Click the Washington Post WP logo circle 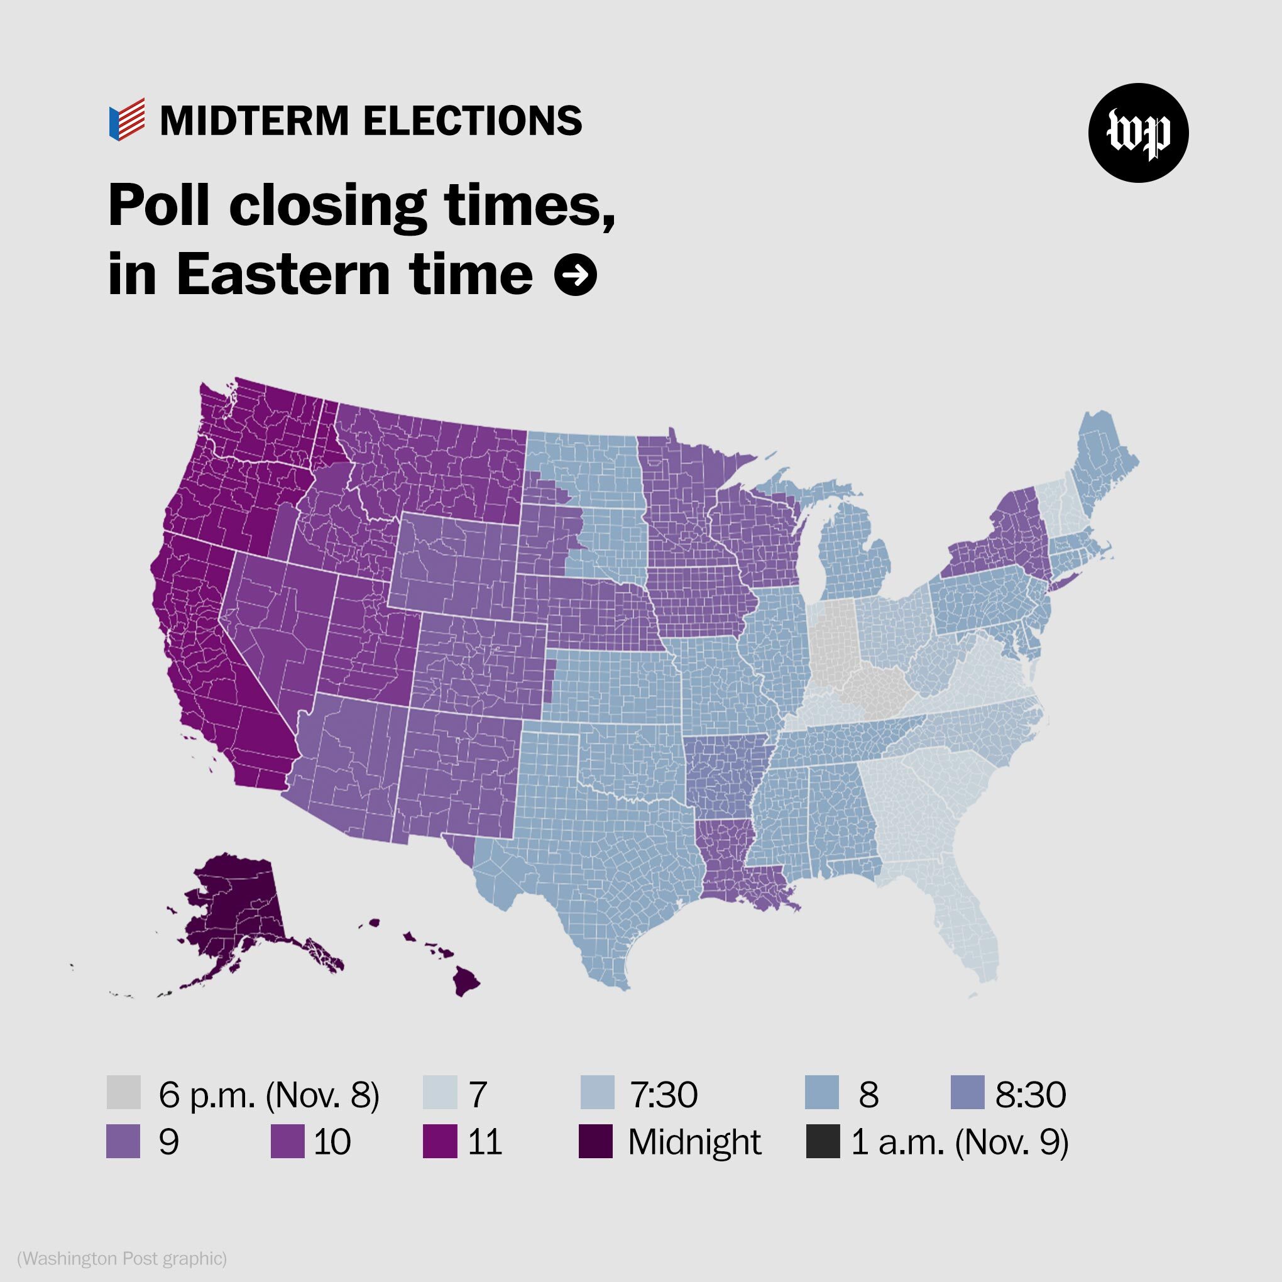click(1138, 133)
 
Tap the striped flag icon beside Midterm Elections click(127, 119)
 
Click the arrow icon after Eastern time click(575, 274)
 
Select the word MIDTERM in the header click(254, 121)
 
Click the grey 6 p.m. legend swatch click(123, 1093)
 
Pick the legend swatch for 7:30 click(597, 1093)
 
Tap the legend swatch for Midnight click(595, 1141)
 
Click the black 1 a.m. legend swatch click(823, 1141)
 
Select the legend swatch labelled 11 click(440, 1141)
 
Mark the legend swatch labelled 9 click(123, 1141)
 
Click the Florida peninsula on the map click(969, 923)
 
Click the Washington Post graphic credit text click(122, 1258)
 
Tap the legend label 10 click(332, 1142)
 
